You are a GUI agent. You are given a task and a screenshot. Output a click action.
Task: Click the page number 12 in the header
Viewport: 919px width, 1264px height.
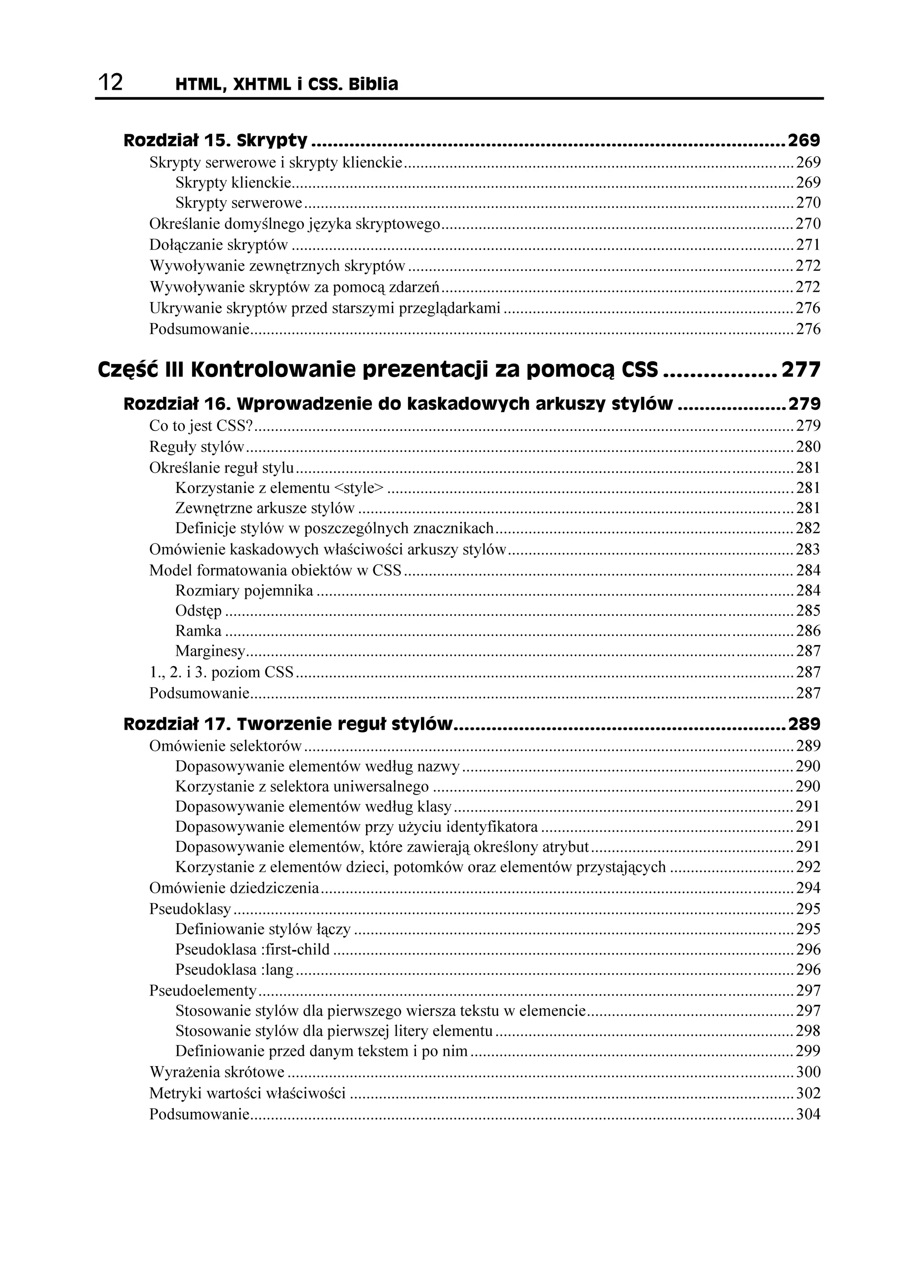point(110,83)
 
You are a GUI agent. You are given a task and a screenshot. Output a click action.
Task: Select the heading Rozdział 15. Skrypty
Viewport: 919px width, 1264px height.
point(215,140)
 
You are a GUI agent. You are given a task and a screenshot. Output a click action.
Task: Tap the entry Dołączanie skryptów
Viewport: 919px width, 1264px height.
point(219,245)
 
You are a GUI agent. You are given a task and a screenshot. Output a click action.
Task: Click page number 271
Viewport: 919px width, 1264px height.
point(808,245)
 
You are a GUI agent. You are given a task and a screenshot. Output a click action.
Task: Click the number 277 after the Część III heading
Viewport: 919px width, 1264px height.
point(801,369)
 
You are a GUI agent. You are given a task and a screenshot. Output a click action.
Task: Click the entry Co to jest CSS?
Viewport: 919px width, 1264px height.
point(201,426)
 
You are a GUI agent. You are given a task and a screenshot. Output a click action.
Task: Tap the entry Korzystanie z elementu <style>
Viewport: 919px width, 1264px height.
point(280,488)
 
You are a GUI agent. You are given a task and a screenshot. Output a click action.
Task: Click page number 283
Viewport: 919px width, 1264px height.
point(808,549)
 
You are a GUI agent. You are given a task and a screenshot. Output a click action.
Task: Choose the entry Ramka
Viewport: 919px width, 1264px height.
point(198,631)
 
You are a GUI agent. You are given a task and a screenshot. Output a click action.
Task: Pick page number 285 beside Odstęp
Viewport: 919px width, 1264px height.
point(808,611)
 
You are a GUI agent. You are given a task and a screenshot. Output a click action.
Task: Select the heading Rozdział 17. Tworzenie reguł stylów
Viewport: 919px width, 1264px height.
point(288,724)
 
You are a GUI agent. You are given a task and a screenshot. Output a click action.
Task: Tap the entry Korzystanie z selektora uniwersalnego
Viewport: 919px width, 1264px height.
point(302,786)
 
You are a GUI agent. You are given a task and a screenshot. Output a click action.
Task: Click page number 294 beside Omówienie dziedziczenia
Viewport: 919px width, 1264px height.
point(808,888)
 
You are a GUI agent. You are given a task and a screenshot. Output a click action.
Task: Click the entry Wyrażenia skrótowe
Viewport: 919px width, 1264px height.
point(217,1072)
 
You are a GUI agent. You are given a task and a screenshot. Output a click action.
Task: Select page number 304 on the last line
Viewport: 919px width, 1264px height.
point(808,1114)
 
